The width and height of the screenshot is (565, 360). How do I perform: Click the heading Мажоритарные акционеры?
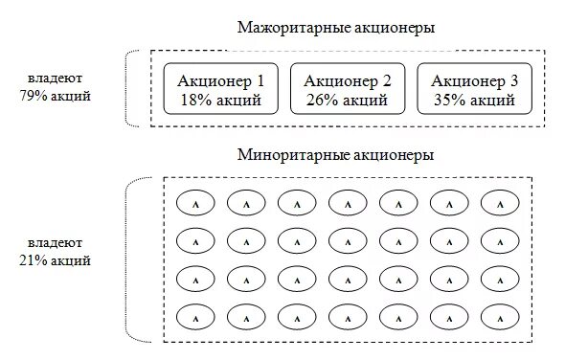point(336,28)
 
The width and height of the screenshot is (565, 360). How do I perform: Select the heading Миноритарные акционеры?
point(336,154)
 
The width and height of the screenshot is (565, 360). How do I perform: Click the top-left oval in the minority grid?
point(195,203)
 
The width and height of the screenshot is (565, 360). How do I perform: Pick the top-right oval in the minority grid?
point(499,203)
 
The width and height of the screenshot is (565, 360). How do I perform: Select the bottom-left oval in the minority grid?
point(195,314)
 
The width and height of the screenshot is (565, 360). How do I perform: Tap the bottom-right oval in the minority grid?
point(499,314)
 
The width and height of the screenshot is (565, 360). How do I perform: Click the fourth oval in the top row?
point(348,203)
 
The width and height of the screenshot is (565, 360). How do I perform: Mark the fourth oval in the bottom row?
point(348,314)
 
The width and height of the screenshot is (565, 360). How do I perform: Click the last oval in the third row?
point(499,278)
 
